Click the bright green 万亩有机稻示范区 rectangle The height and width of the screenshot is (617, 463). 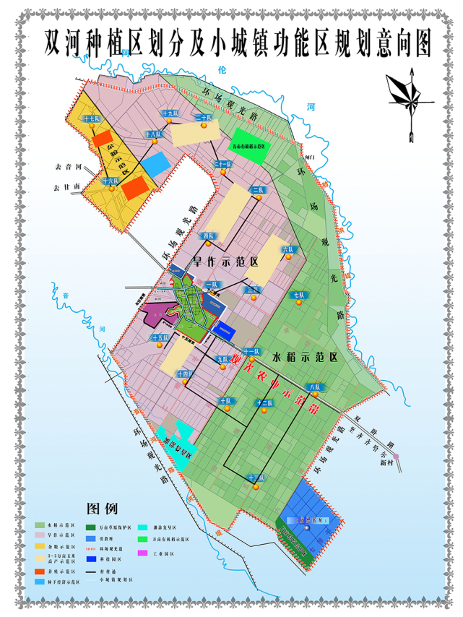click(250, 142)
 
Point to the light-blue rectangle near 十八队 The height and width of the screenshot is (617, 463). click(155, 163)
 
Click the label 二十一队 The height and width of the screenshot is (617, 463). click(223, 165)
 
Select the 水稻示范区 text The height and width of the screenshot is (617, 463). click(305, 357)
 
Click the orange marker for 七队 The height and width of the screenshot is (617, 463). click(298, 303)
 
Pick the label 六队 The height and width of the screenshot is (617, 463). click(288, 249)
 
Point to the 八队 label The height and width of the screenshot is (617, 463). click(313, 388)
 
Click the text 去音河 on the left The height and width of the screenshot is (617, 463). click(64, 166)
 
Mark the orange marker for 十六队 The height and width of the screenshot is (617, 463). click(112, 189)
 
